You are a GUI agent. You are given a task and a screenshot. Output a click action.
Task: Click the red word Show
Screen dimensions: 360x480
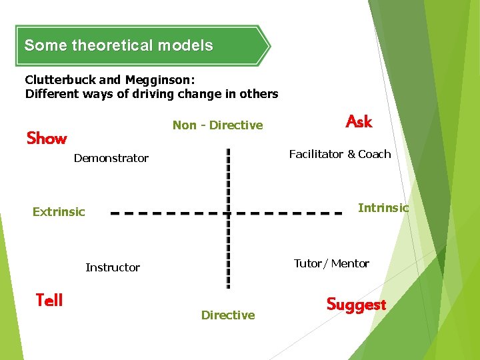click(47, 139)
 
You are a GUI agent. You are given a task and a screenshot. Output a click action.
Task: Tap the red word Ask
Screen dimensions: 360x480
click(359, 121)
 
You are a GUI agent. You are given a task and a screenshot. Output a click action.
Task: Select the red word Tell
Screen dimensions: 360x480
click(49, 300)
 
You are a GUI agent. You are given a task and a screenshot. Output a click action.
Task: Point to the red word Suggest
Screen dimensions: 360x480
click(356, 305)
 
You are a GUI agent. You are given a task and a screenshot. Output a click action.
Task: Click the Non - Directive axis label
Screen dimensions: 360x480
click(217, 125)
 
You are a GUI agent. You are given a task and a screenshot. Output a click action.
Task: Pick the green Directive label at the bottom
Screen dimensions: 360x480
click(228, 315)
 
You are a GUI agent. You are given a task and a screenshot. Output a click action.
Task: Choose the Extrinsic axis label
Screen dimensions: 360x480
click(59, 212)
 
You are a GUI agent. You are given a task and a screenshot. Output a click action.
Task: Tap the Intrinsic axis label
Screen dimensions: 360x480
click(383, 208)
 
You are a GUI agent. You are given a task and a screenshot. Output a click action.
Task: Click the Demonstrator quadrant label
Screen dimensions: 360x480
click(111, 158)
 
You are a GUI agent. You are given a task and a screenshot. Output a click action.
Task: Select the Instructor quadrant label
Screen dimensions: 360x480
click(113, 267)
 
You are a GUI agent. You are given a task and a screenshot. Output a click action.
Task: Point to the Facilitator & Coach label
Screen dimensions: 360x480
click(339, 154)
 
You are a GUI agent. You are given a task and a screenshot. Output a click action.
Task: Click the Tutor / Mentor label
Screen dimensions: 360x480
click(331, 263)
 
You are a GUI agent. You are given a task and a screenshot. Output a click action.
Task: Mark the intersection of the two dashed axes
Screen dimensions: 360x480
click(228, 214)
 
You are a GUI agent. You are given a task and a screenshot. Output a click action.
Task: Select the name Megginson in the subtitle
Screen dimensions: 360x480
click(157, 79)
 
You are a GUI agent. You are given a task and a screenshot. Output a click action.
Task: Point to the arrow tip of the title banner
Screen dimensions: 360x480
click(269, 46)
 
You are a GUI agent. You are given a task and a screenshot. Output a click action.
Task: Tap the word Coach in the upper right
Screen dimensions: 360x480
click(374, 154)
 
